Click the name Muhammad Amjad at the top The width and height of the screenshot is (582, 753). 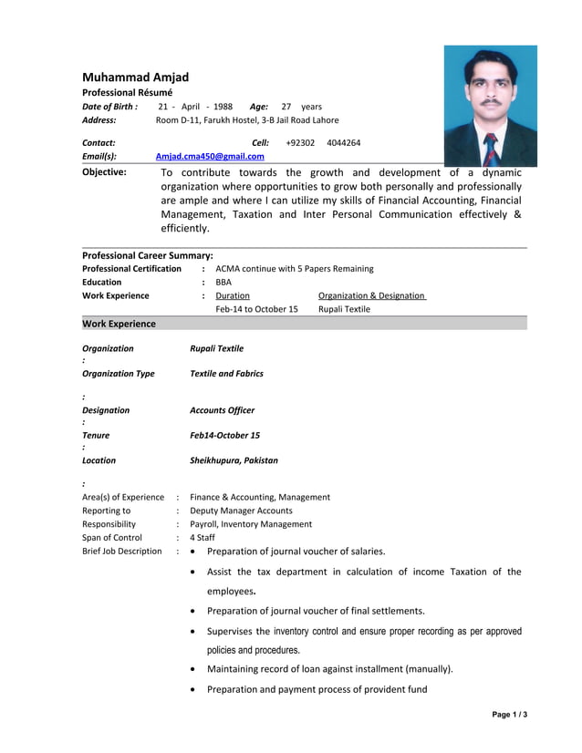click(x=135, y=77)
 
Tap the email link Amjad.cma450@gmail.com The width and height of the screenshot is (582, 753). click(x=210, y=156)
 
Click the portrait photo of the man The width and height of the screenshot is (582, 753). click(x=490, y=105)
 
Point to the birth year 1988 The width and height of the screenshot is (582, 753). click(x=223, y=107)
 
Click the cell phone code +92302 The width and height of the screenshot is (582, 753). click(x=300, y=142)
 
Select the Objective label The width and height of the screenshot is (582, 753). click(x=104, y=171)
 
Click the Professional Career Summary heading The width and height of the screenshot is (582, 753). click(x=147, y=255)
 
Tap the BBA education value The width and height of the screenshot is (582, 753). click(x=223, y=282)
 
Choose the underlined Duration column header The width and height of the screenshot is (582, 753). click(x=233, y=295)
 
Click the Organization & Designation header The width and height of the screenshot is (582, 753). click(x=372, y=295)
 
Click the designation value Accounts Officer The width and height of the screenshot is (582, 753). click(x=222, y=410)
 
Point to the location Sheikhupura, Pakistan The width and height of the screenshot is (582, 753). click(x=234, y=460)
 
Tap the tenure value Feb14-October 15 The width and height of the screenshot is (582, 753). click(x=224, y=435)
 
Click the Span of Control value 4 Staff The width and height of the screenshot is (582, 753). click(x=203, y=537)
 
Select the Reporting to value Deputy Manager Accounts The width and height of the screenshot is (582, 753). click(x=241, y=511)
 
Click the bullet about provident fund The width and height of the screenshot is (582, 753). click(x=317, y=689)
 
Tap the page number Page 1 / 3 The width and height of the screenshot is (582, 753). click(x=509, y=714)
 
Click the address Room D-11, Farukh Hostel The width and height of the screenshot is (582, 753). click(x=247, y=119)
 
